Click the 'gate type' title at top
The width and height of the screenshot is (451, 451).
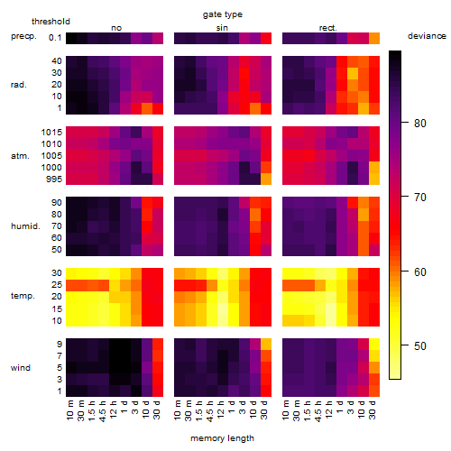point(223,14)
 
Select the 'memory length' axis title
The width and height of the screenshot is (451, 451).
point(223,438)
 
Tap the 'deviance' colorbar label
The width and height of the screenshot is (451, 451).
point(427,36)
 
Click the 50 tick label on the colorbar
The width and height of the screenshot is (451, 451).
point(420,346)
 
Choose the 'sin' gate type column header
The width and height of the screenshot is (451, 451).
point(222,28)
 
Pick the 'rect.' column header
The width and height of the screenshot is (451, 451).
point(328,28)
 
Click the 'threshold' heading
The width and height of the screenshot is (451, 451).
point(51,22)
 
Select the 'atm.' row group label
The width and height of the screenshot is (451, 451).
point(20,156)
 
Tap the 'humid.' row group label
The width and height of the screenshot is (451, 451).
point(25,226)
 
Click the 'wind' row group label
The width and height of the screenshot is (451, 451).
point(21,368)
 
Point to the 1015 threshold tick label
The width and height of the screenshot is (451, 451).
point(51,133)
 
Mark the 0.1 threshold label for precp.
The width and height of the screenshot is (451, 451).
point(55,38)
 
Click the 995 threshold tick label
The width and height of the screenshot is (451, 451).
point(54,179)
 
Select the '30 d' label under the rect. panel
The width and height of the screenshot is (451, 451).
point(373,410)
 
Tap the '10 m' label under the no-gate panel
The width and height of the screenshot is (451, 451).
point(69,410)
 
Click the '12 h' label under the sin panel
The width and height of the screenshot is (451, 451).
point(221,410)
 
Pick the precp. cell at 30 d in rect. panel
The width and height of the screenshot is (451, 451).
point(374,38)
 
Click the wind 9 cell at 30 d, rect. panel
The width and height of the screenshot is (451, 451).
point(374,345)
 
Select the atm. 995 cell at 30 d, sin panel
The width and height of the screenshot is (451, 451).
point(266,179)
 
